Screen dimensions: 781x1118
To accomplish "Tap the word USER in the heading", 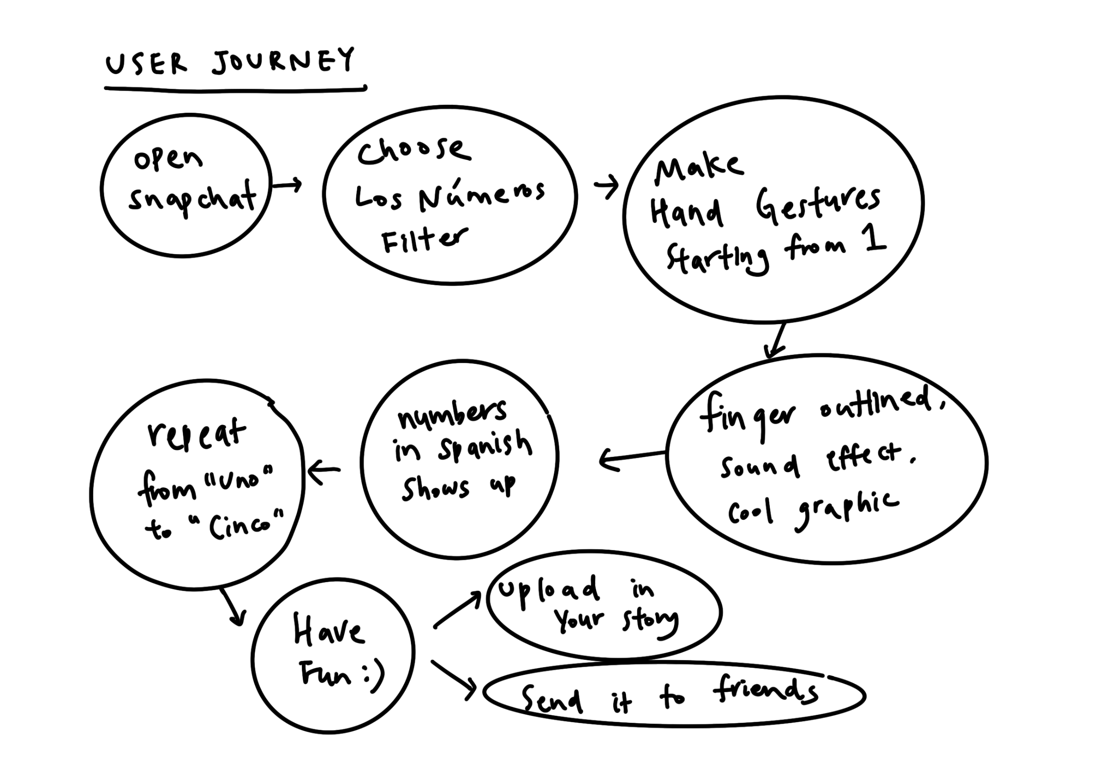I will [146, 64].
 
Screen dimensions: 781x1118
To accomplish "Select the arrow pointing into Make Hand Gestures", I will [606, 186].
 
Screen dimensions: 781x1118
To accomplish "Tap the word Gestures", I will [818, 205].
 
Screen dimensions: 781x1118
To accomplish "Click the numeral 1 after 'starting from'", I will [875, 239].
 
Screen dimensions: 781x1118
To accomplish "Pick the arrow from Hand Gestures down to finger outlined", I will [776, 341].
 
